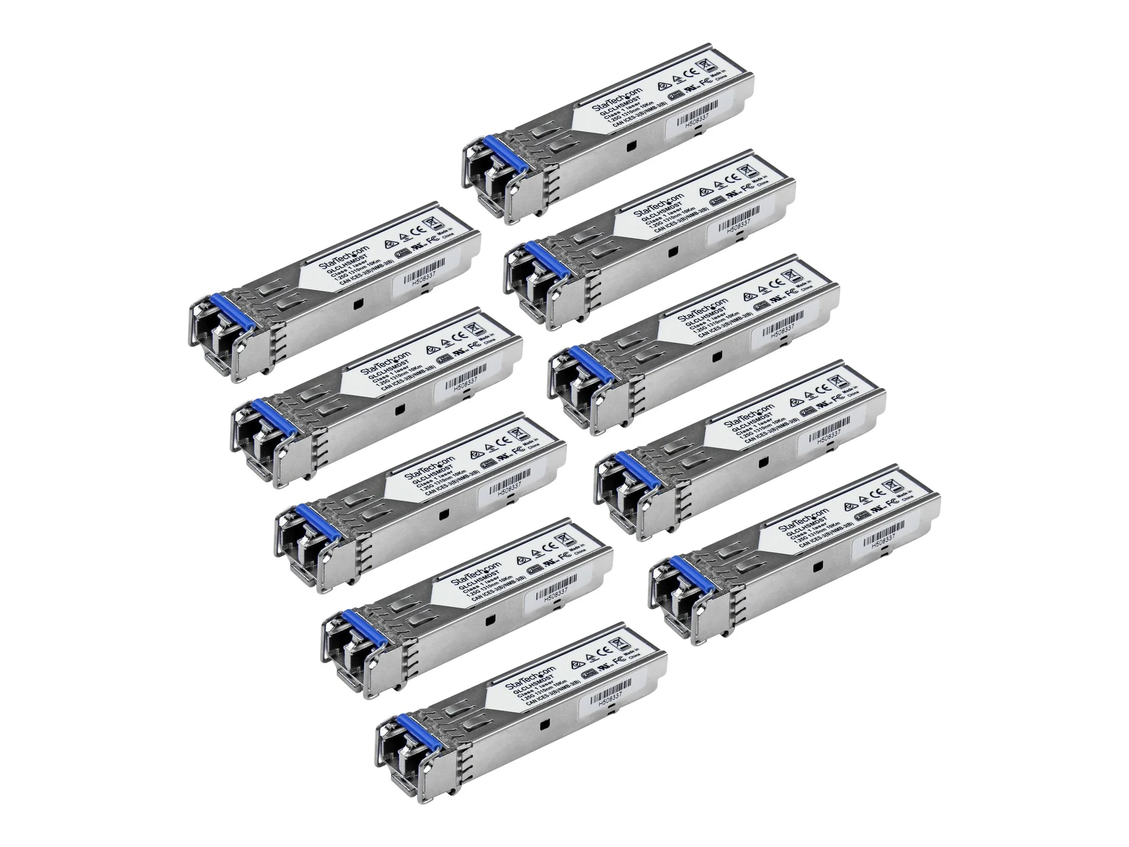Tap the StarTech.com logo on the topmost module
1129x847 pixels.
click(x=624, y=99)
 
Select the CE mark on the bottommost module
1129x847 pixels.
click(x=606, y=651)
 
